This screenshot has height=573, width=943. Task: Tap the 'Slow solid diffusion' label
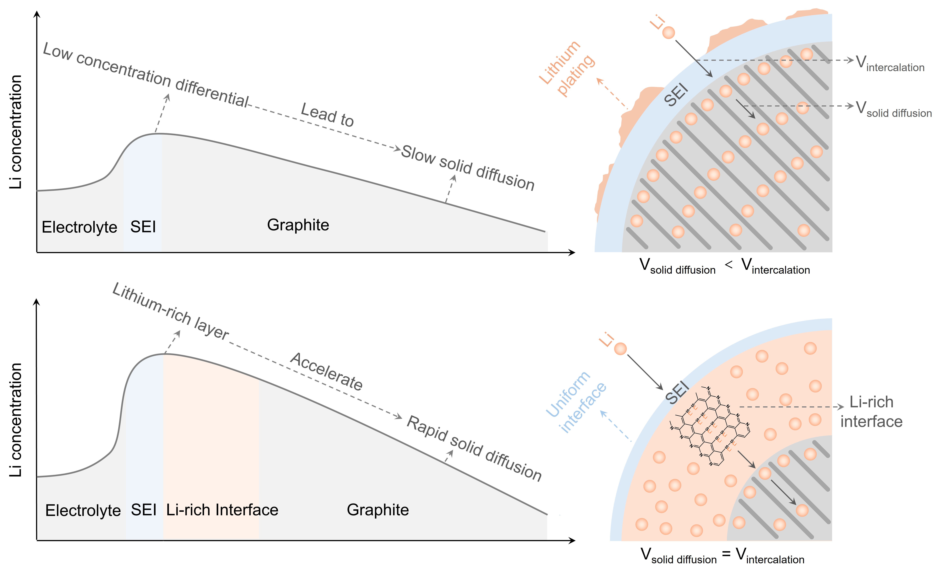click(x=468, y=168)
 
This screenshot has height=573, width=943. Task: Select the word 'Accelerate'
click(x=326, y=371)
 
